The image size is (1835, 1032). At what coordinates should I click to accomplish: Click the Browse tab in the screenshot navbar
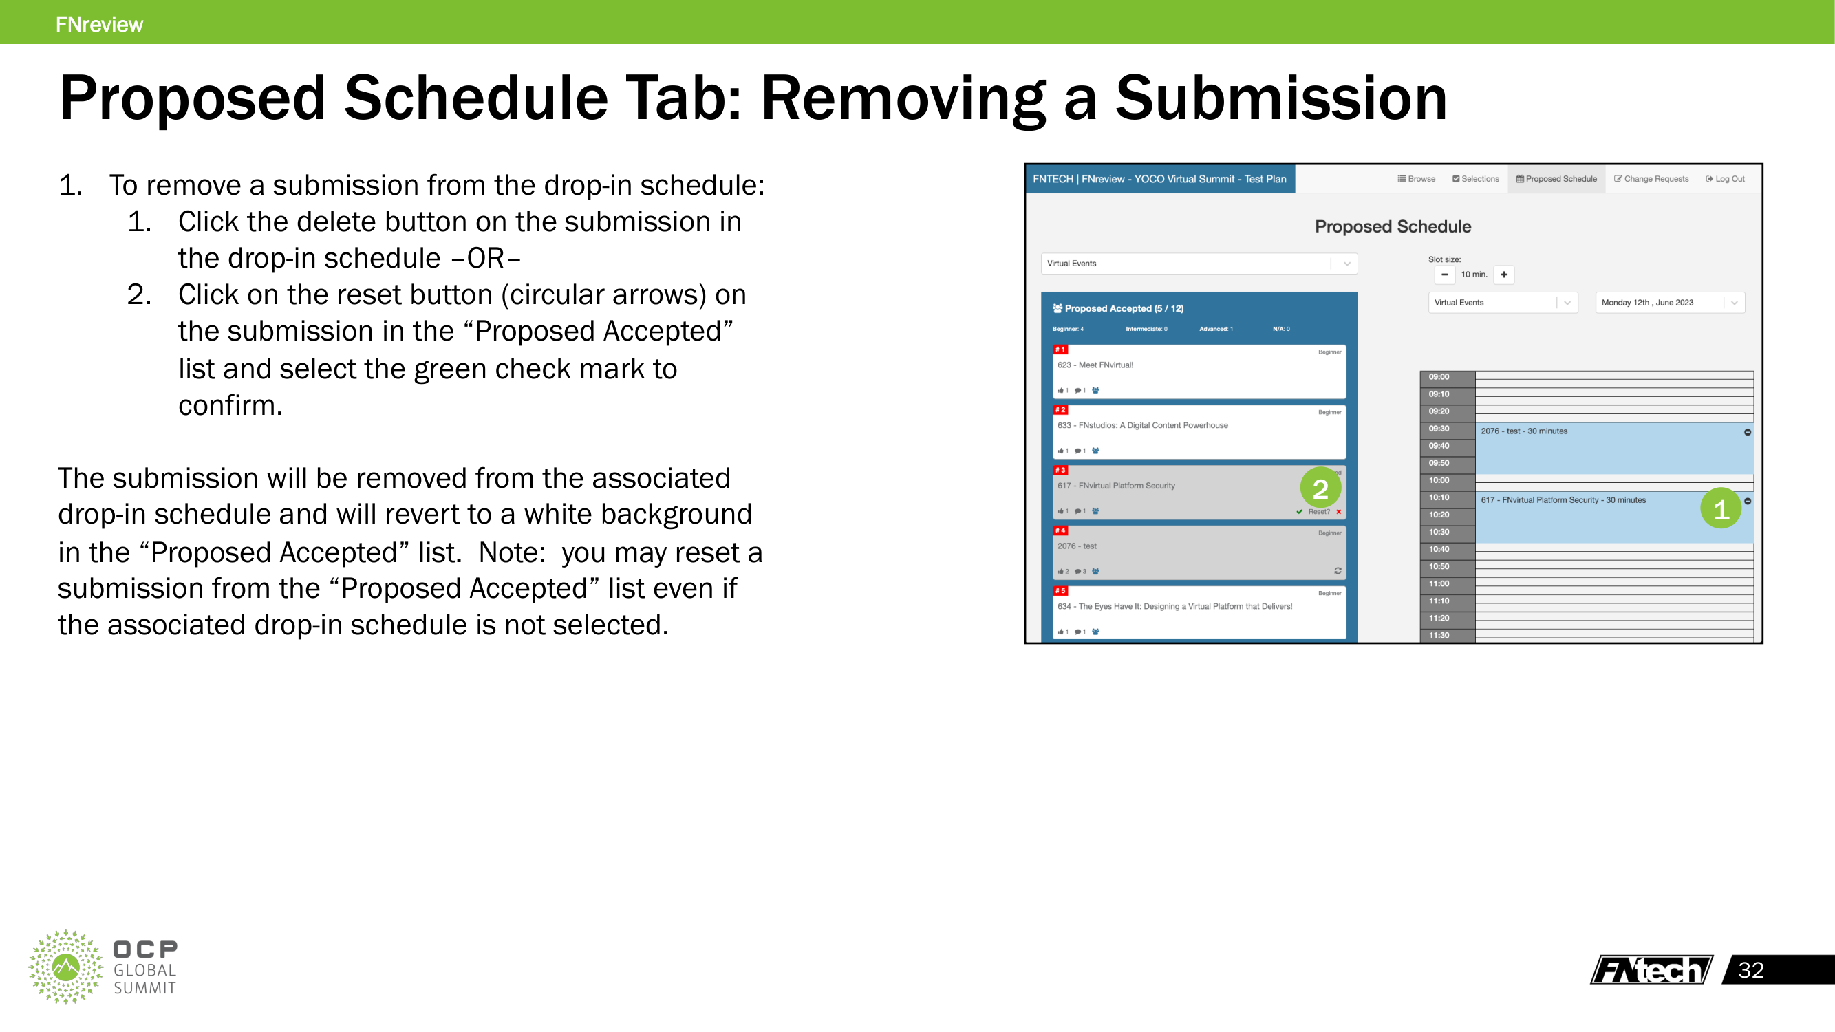click(1416, 179)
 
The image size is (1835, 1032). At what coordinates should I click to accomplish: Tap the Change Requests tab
click(1651, 179)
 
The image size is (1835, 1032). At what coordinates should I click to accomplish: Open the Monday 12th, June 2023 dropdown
click(1669, 303)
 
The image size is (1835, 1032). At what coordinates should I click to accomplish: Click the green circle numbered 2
click(1320, 488)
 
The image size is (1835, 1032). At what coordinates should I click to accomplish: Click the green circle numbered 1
click(1720, 508)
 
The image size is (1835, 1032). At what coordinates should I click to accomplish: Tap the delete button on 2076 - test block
click(1748, 432)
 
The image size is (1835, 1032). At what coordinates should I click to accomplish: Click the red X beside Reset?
click(1338, 511)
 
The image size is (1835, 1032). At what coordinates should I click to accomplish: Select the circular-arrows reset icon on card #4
click(1338, 570)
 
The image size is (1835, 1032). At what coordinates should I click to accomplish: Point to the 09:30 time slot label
click(1439, 429)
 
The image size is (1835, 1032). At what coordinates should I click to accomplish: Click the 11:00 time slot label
click(1439, 584)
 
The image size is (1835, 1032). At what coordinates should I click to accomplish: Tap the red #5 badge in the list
click(1060, 590)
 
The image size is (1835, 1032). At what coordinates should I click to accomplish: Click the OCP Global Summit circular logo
click(65, 967)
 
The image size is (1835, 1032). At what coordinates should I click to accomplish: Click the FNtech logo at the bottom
click(1651, 969)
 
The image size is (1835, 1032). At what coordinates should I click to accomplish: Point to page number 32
click(1750, 969)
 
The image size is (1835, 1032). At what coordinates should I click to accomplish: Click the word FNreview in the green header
click(99, 24)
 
